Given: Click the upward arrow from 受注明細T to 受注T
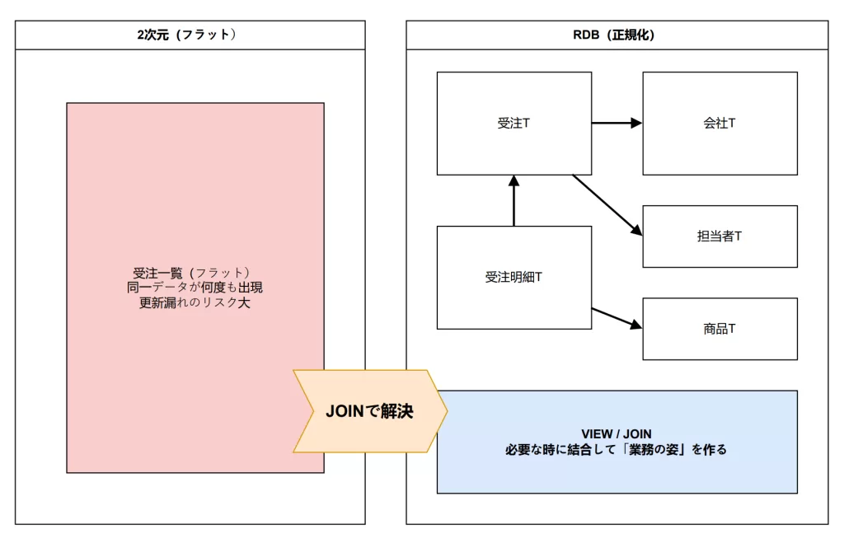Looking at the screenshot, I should [x=513, y=202].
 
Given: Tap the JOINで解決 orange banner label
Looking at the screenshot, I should [x=369, y=411].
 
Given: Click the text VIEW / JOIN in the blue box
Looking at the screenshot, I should [x=616, y=433].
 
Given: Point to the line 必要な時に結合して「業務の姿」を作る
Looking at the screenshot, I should [x=616, y=450].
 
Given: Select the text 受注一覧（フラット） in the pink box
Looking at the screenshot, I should [x=192, y=273].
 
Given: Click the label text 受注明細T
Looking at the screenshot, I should [x=513, y=277].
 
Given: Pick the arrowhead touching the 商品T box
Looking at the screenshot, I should [x=635, y=325].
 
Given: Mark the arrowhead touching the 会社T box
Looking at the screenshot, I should [x=636, y=123].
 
